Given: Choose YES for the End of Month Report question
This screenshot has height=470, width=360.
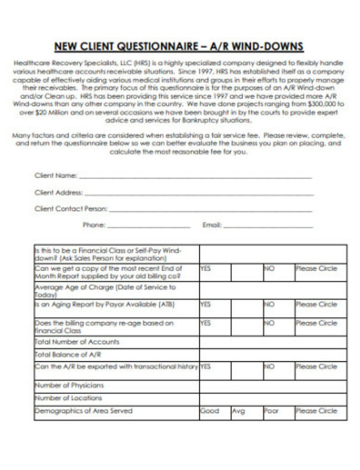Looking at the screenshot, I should (206, 268).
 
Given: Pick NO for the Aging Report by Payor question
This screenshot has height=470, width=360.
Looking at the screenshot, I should (269, 304).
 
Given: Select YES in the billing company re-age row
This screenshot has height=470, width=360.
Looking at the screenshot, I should (206, 323).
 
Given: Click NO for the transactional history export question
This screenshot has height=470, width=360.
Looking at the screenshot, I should (269, 367).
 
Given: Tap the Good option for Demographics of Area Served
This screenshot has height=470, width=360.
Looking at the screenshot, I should (210, 411).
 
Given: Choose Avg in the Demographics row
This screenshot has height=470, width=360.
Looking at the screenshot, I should (238, 411).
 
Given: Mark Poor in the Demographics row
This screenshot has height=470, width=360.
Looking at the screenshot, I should (271, 411).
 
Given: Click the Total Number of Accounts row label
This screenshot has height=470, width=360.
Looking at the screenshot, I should (77, 342).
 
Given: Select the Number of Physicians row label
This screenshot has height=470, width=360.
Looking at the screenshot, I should (69, 385).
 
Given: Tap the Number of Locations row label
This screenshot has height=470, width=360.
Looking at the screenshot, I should (68, 398).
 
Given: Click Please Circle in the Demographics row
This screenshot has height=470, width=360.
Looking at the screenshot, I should (316, 411).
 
